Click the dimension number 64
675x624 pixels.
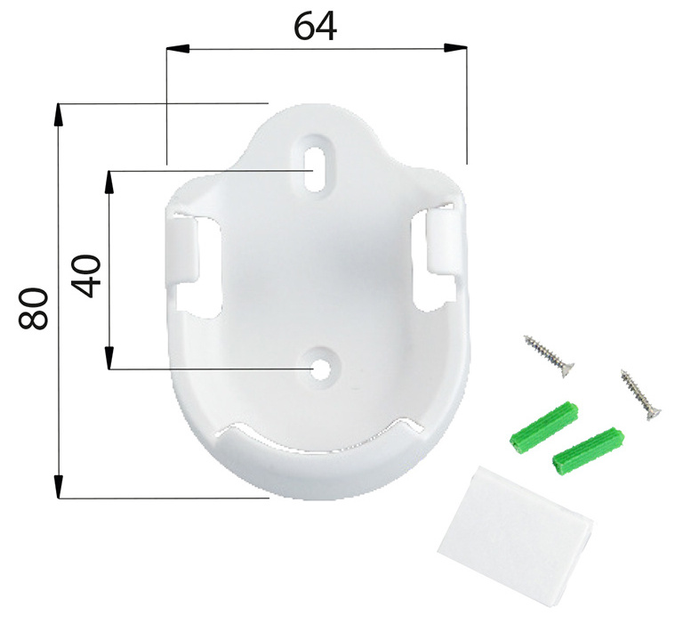point(315,26)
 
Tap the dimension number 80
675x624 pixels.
point(34,309)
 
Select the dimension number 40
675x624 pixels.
point(86,276)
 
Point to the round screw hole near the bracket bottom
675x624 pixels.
point(321,369)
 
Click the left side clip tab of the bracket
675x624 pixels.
point(182,251)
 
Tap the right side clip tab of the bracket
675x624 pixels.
point(441,239)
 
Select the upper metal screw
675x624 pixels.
point(549,356)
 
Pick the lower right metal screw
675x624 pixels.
point(641,394)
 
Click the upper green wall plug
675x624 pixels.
point(543,426)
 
